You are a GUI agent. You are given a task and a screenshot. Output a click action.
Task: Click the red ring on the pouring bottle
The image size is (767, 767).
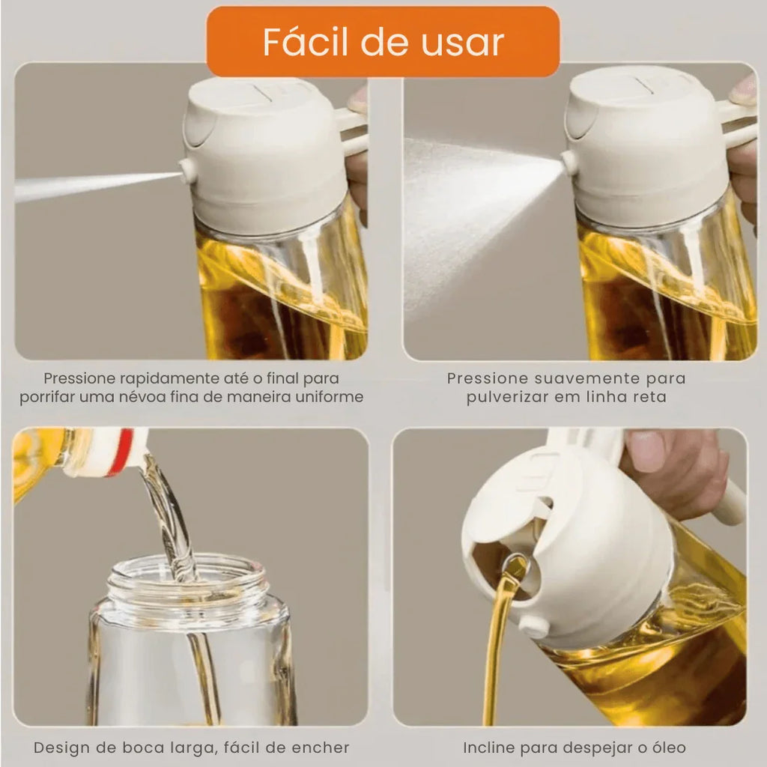click(123, 452)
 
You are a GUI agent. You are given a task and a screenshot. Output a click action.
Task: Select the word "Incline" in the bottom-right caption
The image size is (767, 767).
click(490, 747)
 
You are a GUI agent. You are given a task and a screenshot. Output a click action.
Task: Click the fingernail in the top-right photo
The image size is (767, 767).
click(745, 91)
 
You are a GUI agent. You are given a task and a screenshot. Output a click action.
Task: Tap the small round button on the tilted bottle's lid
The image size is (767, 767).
click(534, 625)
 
